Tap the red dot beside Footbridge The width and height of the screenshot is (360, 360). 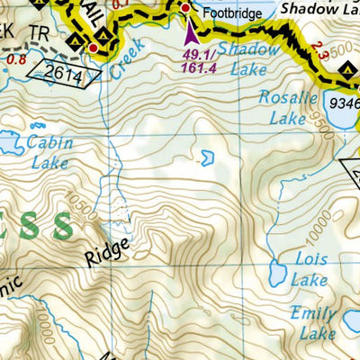tap(185, 8)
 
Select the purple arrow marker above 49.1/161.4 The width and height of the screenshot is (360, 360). tap(190, 34)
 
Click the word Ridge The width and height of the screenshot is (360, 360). tap(109, 251)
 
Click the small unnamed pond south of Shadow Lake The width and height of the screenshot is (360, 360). tap(206, 158)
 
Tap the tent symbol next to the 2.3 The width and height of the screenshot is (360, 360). tap(350, 67)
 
